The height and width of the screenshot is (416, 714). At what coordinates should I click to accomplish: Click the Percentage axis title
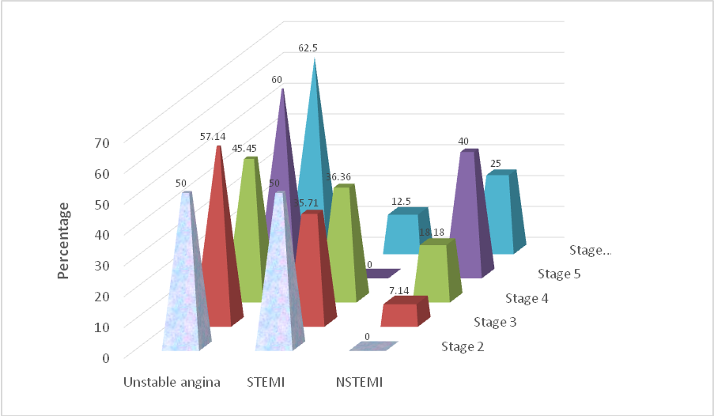(64, 240)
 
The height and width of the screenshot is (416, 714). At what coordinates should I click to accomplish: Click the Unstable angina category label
(171, 382)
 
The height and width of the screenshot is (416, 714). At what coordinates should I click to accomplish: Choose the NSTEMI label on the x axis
(359, 382)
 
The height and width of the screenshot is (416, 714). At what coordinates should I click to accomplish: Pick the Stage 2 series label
(462, 346)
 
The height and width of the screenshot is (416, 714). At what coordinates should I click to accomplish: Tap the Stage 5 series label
(558, 274)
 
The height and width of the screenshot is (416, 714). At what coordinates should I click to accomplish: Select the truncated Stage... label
(591, 250)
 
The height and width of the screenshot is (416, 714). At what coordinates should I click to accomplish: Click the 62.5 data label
(308, 48)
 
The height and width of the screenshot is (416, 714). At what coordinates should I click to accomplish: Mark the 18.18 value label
(431, 231)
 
